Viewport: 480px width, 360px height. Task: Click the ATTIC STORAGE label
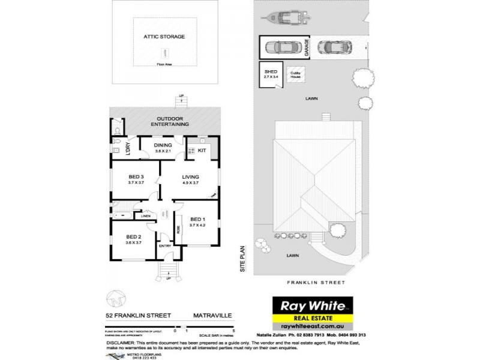(164, 37)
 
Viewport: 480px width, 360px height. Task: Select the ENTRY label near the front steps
(165, 245)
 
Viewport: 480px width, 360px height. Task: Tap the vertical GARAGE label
(307, 47)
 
